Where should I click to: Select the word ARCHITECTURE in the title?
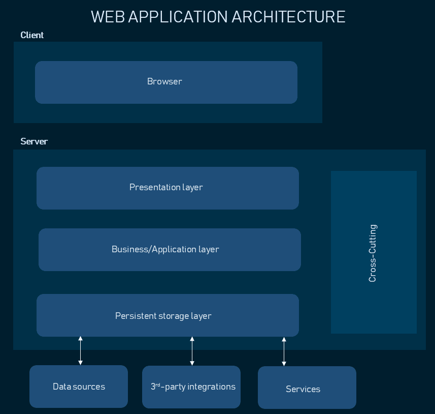click(288, 17)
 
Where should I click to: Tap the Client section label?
click(32, 35)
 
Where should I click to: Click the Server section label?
click(34, 141)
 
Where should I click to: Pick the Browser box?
click(166, 82)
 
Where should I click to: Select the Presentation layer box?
click(168, 188)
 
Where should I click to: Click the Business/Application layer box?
click(170, 249)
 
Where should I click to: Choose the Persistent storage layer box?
click(168, 315)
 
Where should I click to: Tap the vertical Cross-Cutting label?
click(373, 253)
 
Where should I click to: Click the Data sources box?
click(79, 387)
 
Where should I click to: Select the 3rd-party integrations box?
click(191, 387)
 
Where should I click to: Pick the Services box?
click(307, 389)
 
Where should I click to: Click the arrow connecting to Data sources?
click(80, 350)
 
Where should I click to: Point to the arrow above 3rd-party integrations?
click(192, 351)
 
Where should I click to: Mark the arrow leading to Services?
click(284, 351)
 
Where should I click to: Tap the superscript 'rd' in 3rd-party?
click(158, 385)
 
